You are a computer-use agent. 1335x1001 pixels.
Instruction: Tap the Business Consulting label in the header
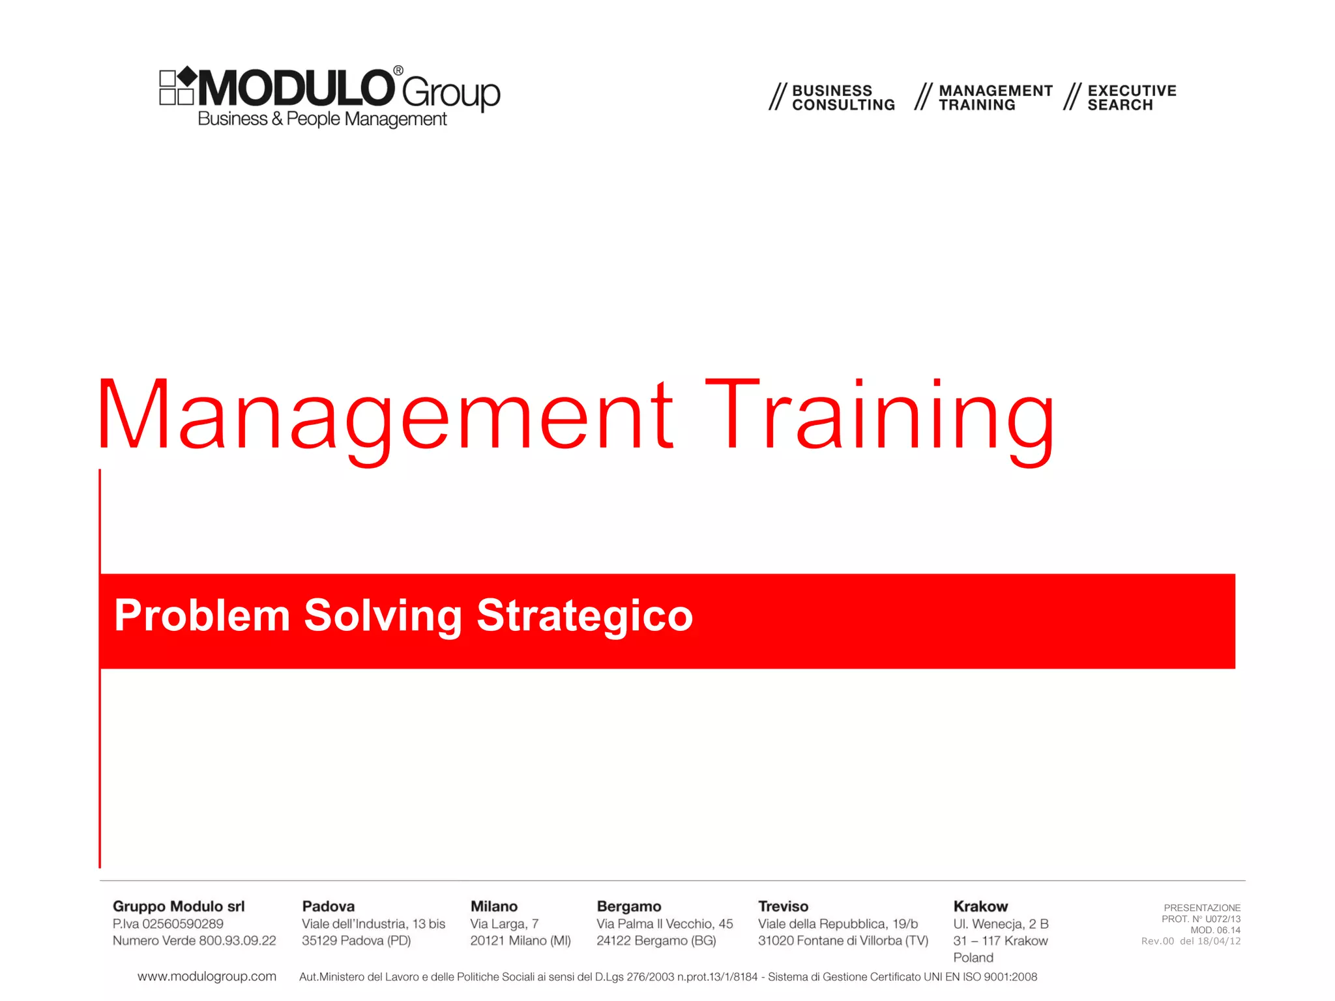point(843,98)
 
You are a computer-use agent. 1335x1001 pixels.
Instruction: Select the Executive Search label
point(1132,98)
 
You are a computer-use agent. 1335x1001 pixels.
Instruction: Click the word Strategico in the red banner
point(585,615)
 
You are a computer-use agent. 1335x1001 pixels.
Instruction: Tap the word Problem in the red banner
point(202,615)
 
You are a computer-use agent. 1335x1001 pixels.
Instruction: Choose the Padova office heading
point(329,907)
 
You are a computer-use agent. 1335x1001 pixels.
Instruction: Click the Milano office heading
point(494,907)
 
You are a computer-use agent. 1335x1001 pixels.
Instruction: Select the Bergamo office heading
point(629,907)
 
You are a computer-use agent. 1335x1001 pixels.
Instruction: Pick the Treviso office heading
point(783,907)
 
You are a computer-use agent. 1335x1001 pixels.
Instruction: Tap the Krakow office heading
point(980,907)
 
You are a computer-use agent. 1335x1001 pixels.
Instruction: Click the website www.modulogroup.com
point(207,976)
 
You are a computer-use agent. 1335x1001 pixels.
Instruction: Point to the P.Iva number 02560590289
point(168,924)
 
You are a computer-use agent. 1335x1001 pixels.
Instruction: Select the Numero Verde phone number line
point(194,941)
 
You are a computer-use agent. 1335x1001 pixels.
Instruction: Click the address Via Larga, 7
point(505,924)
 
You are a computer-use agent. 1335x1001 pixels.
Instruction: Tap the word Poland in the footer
point(973,958)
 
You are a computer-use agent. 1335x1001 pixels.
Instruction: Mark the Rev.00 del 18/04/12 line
point(1191,942)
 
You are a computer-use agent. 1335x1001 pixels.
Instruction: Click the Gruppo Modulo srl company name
point(179,907)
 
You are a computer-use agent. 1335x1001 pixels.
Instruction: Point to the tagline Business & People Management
point(322,119)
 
